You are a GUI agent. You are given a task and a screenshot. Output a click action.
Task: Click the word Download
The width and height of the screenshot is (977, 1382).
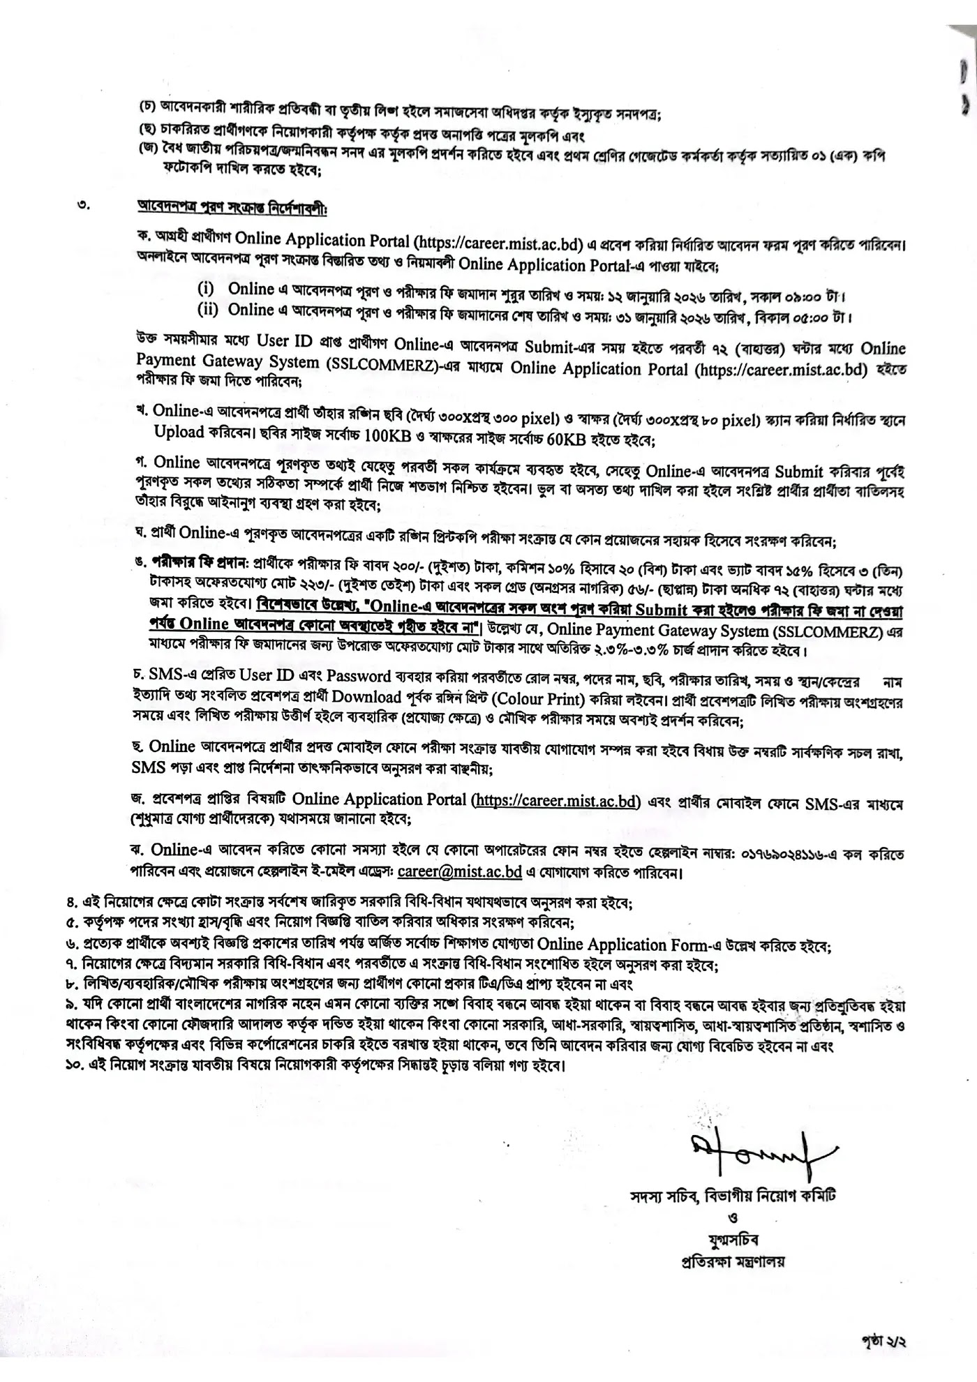click(367, 698)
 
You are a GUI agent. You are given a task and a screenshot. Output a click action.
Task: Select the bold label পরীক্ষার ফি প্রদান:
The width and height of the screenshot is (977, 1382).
click(201, 562)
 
